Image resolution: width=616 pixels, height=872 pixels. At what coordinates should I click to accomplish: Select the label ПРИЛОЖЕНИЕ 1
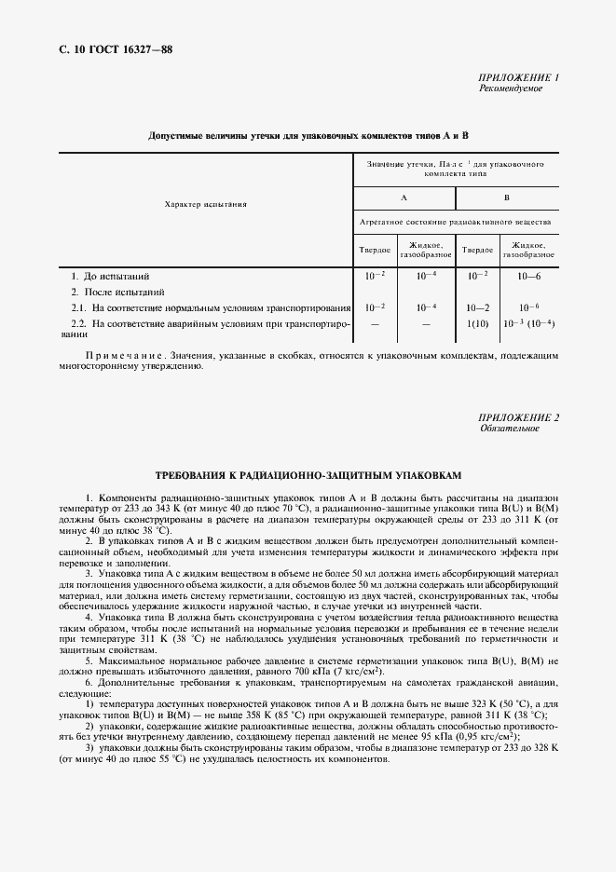point(517,77)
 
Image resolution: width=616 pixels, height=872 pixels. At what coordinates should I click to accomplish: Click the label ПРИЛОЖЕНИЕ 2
point(517,417)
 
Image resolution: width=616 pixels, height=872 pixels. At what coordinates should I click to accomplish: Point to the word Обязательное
point(509,429)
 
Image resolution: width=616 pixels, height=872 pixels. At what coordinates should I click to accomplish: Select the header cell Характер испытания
point(205,204)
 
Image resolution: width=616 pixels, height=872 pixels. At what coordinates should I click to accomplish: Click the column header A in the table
point(404,198)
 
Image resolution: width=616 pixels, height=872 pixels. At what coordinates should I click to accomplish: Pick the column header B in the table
point(506,198)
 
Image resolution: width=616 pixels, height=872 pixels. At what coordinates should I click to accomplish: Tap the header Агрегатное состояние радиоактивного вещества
point(455,223)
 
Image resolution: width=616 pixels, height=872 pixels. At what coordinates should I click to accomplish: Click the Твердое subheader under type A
point(375,250)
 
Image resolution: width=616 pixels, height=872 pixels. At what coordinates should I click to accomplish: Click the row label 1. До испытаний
point(111,277)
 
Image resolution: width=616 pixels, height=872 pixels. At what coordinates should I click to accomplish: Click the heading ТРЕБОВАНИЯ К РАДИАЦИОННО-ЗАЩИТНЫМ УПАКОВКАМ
point(308,474)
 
